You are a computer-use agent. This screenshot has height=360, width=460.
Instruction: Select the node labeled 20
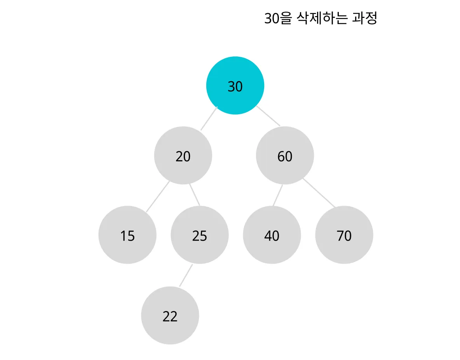(x=183, y=156)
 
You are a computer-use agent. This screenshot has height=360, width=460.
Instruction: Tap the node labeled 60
(x=285, y=156)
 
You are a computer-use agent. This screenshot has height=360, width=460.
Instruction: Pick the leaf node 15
(x=127, y=235)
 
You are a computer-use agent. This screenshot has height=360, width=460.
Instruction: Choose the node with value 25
(x=200, y=235)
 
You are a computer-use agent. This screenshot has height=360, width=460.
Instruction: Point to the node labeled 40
(x=272, y=235)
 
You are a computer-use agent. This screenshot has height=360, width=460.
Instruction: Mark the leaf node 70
(x=344, y=235)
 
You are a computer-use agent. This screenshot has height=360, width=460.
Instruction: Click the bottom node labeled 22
(x=170, y=316)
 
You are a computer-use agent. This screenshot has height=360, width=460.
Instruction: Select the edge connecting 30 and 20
(x=209, y=119)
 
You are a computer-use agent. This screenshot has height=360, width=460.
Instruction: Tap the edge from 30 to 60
(x=268, y=116)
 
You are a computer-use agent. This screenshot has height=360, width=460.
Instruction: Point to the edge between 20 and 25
(x=195, y=194)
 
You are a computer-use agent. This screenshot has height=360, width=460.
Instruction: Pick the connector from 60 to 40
(x=277, y=196)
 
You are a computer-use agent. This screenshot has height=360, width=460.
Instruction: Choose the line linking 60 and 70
(x=319, y=193)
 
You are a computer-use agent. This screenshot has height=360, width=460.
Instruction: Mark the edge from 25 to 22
(x=186, y=276)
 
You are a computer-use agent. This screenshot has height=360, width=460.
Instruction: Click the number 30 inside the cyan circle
(x=235, y=86)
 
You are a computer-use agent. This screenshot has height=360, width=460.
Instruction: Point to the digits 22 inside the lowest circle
(x=170, y=316)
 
